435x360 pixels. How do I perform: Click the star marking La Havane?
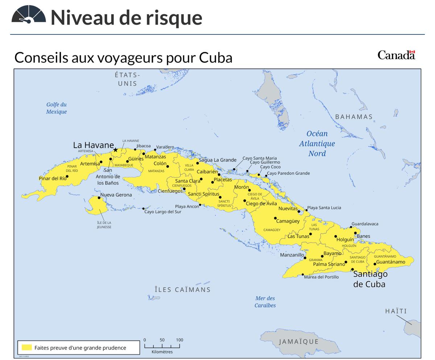(x=115, y=150)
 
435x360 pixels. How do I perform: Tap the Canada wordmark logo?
(x=396, y=55)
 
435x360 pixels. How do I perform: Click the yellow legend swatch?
(x=27, y=347)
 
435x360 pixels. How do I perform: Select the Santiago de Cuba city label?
(x=370, y=279)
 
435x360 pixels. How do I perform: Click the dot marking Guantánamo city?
(x=375, y=264)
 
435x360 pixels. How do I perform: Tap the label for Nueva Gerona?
(x=116, y=195)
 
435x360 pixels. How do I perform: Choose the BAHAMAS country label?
(x=354, y=117)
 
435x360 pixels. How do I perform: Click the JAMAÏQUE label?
(x=299, y=341)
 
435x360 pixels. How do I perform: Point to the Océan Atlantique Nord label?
(x=317, y=143)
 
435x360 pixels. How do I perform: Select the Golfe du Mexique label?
(x=56, y=108)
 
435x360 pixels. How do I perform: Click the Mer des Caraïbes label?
(x=265, y=302)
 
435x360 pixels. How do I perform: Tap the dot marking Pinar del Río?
(x=67, y=176)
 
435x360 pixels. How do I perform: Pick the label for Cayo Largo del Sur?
(x=163, y=212)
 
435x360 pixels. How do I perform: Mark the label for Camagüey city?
(x=288, y=221)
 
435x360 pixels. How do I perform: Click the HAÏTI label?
(x=396, y=311)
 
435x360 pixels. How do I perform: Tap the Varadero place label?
(x=165, y=147)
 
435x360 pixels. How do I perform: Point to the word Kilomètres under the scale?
(x=162, y=352)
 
